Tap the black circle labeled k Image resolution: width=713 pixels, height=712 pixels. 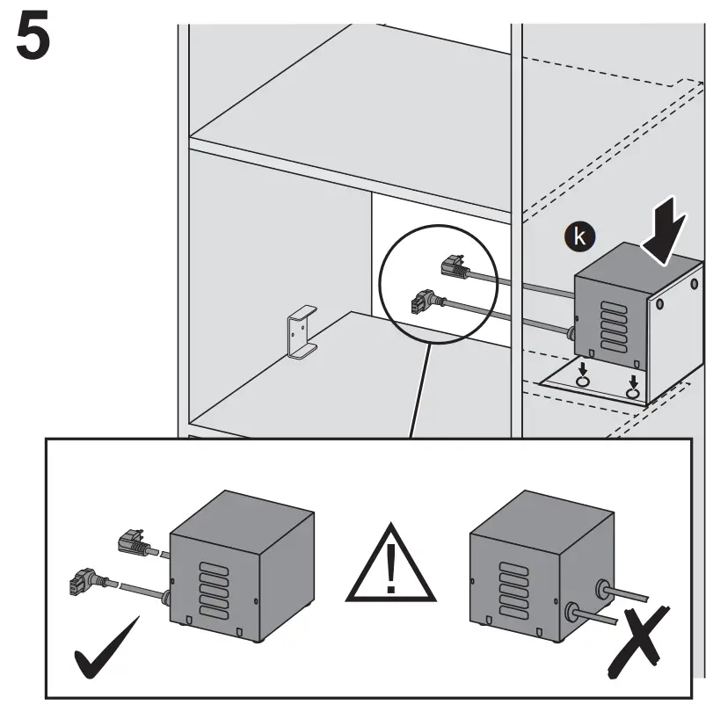[x=578, y=236]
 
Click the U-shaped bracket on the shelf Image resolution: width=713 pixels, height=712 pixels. [x=300, y=333]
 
